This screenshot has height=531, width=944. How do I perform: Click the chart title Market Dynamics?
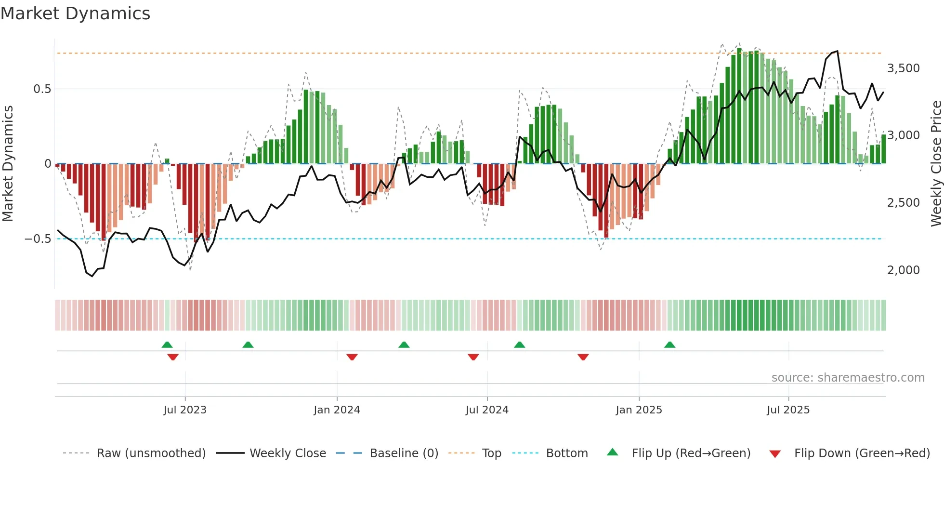(x=75, y=13)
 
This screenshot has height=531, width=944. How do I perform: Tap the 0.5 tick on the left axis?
(x=42, y=89)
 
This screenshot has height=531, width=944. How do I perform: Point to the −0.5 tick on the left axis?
(x=38, y=239)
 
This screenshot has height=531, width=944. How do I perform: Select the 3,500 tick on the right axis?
(x=903, y=68)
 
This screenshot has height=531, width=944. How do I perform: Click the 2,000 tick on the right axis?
(x=903, y=270)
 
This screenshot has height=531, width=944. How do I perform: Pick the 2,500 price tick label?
(x=903, y=203)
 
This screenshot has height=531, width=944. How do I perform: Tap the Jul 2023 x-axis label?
(x=185, y=410)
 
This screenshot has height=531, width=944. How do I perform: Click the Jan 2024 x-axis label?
(x=337, y=410)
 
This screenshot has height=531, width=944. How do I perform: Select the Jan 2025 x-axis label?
(x=639, y=410)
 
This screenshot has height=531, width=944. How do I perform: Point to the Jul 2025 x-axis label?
(x=788, y=410)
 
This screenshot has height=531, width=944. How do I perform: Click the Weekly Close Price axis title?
(x=936, y=163)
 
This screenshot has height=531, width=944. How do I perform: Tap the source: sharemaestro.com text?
(x=848, y=378)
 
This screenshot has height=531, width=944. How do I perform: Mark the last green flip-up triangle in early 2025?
(x=669, y=345)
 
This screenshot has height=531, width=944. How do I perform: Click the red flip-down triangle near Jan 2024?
(x=352, y=357)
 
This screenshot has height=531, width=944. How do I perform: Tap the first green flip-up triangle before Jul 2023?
(x=167, y=345)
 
